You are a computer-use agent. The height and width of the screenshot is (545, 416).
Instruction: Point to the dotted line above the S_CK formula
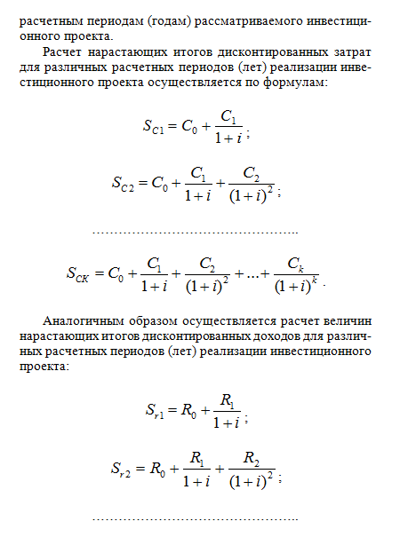pyautogui.click(x=195, y=231)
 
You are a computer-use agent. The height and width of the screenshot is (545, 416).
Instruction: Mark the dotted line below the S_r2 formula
pyautogui.click(x=195, y=517)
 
